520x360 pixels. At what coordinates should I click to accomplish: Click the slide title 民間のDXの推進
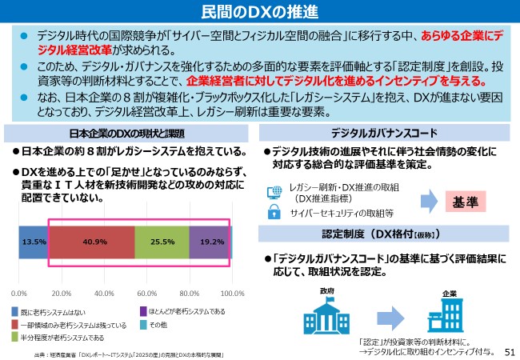point(259,12)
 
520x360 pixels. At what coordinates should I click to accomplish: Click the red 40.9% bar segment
point(90,242)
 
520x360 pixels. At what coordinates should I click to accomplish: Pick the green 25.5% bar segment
point(162,242)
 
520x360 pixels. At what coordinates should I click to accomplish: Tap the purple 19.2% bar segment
point(211,242)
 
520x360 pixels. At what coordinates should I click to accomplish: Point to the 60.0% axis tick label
point(147,293)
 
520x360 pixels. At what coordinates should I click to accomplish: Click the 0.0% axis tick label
point(19,293)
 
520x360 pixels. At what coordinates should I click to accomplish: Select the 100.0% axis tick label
point(232,293)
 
